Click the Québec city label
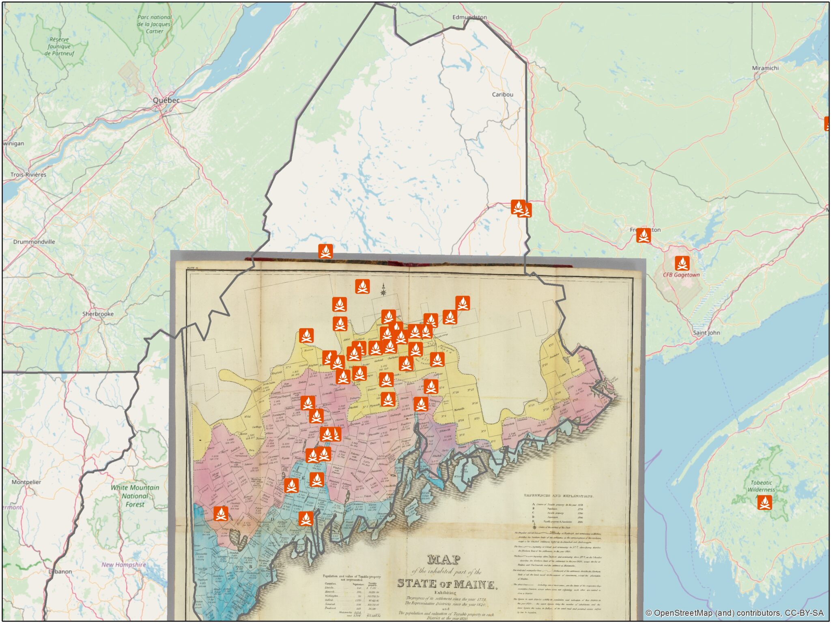click(166, 100)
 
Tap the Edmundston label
click(469, 17)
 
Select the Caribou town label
click(502, 94)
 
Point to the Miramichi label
click(765, 68)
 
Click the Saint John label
click(706, 333)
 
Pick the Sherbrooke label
click(98, 314)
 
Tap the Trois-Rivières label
click(28, 174)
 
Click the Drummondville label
click(34, 242)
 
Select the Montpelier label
click(26, 482)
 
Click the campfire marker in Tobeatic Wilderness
click(764, 503)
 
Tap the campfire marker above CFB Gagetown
click(682, 263)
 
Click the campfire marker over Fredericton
click(643, 235)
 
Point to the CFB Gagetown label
click(681, 275)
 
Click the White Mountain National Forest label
click(135, 496)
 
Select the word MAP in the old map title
click(443, 560)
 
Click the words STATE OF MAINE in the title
click(446, 584)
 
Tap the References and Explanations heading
click(559, 496)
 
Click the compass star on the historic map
click(383, 290)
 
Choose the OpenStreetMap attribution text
click(734, 613)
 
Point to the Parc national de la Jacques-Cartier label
click(154, 24)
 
